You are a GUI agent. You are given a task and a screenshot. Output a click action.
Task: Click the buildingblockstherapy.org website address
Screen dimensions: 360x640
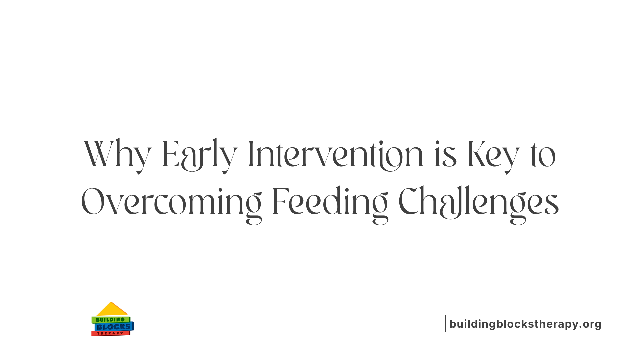coord(525,324)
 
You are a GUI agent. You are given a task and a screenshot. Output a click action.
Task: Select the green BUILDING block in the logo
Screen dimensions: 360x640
coord(110,320)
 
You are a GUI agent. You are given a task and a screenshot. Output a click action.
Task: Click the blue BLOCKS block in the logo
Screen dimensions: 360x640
coord(114,327)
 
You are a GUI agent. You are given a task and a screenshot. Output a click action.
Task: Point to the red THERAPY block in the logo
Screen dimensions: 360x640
coord(110,333)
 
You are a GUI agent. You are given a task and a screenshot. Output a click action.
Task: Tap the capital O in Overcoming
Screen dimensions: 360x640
coord(93,202)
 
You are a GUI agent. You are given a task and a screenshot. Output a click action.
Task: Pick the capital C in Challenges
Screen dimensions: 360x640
coord(409,202)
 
